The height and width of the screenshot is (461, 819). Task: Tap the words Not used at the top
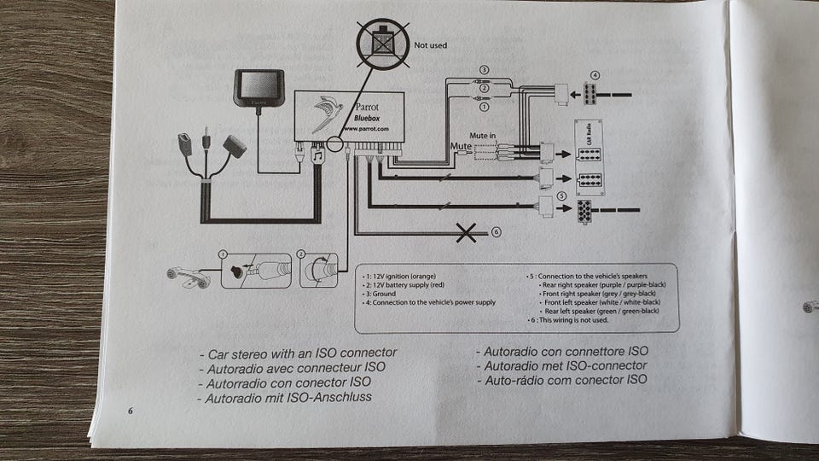430,44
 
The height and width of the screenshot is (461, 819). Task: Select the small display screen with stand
258,89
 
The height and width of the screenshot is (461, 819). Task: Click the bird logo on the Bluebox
327,114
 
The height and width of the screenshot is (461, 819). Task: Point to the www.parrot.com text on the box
365,129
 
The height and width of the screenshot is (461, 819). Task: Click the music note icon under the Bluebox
317,156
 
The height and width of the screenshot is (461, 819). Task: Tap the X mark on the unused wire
466,232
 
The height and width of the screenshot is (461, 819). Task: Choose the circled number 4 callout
595,75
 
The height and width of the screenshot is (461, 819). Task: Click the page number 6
131,411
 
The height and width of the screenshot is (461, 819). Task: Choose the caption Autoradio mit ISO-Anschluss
288,398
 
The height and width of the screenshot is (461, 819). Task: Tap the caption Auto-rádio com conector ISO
562,379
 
